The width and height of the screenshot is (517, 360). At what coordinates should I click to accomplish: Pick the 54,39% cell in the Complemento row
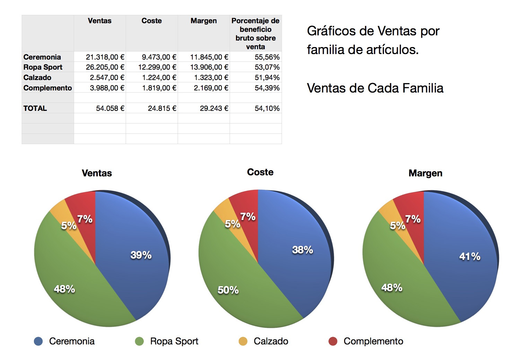[x=267, y=88]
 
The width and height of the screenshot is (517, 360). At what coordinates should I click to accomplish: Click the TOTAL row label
[x=35, y=108]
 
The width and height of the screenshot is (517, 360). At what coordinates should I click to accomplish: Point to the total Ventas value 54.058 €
[x=110, y=108]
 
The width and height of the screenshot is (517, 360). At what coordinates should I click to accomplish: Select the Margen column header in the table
[x=203, y=21]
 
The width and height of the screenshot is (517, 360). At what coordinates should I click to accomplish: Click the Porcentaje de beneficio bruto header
[x=255, y=34]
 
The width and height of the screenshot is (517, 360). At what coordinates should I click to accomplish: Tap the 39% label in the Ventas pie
[x=141, y=255]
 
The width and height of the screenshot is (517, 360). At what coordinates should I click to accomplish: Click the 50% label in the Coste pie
[x=228, y=290]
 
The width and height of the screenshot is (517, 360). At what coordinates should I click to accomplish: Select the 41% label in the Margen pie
[x=470, y=257]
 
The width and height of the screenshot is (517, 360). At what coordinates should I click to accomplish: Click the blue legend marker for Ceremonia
[x=38, y=341]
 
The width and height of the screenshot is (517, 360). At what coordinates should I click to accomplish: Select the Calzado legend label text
[x=271, y=341]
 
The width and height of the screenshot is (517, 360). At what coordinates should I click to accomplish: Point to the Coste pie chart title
[x=260, y=172]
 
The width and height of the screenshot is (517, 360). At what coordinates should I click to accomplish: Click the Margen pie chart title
[x=425, y=173]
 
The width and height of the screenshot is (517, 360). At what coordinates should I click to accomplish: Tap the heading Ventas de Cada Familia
[x=375, y=88]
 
